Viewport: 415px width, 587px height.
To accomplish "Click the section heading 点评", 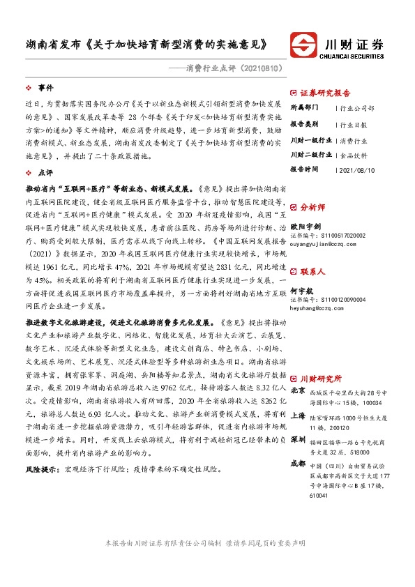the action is pyautogui.click(x=45, y=171).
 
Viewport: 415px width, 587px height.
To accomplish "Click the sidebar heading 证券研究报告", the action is pyautogui.click(x=325, y=93).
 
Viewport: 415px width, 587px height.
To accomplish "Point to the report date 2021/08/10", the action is pyautogui.click(x=356, y=169).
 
